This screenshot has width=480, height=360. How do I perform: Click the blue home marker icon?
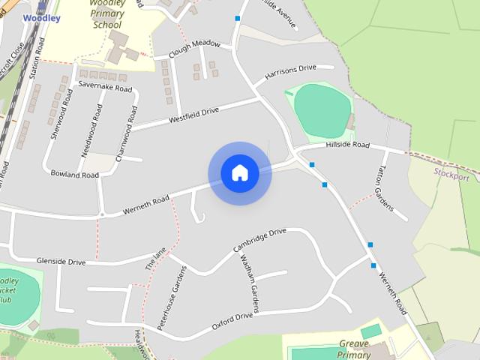[240, 173]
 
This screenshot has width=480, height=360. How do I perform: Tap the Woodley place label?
[36, 17]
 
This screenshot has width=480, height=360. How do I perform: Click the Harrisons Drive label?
[290, 74]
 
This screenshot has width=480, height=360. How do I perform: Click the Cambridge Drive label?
[259, 239]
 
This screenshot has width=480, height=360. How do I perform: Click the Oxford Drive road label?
[232, 321]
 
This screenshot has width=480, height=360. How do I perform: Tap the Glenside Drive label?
[61, 261]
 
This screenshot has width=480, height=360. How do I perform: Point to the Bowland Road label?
[74, 174]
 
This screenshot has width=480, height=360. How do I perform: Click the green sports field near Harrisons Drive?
[321, 110]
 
